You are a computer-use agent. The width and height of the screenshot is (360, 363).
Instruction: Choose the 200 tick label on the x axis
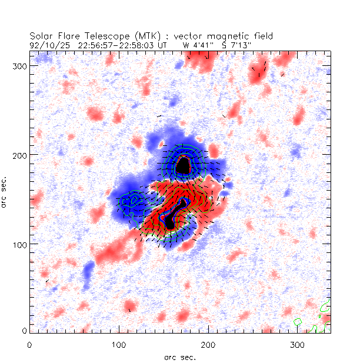point(208,344)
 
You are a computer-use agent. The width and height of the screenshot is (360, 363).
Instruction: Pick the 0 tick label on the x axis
point(30,344)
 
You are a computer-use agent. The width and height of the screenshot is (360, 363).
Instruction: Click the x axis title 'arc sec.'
point(179,357)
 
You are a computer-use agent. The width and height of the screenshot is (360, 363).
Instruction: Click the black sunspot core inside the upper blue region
point(184,166)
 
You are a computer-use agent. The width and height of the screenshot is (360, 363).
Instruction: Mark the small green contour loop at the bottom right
point(298,322)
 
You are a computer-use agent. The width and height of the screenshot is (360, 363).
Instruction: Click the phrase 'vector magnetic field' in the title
point(222,36)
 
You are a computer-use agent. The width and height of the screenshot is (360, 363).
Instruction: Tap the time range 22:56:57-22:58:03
point(116,44)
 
